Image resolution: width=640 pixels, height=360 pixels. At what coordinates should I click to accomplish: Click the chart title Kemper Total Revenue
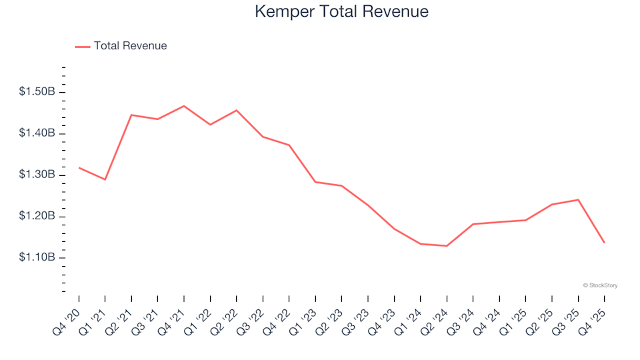click(x=341, y=12)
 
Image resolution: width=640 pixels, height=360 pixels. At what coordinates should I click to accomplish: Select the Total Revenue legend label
click(x=130, y=46)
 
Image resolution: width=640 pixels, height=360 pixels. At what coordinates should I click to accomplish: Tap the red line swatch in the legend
click(x=83, y=47)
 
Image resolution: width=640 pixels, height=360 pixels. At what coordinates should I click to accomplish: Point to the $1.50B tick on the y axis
click(x=37, y=92)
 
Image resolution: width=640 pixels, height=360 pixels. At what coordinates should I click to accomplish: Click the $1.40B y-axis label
click(x=37, y=133)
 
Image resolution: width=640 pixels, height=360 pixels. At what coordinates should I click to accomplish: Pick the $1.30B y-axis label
click(x=37, y=175)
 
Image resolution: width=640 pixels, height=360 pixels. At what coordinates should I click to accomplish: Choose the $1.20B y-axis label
click(x=37, y=216)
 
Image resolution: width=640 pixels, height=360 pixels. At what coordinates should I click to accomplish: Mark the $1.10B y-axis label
click(x=37, y=257)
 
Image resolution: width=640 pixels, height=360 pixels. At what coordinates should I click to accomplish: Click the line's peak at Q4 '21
click(x=184, y=106)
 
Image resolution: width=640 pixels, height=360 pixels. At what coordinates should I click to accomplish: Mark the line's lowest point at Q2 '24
click(x=447, y=246)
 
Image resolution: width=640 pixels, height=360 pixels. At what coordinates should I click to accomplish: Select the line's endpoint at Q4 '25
click(x=604, y=242)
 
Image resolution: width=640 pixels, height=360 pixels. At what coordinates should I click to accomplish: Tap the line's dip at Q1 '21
click(x=105, y=179)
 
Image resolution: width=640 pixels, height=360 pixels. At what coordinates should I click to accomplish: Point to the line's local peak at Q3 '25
click(x=578, y=199)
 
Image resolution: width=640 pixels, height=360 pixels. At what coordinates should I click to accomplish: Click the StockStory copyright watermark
click(x=600, y=285)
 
